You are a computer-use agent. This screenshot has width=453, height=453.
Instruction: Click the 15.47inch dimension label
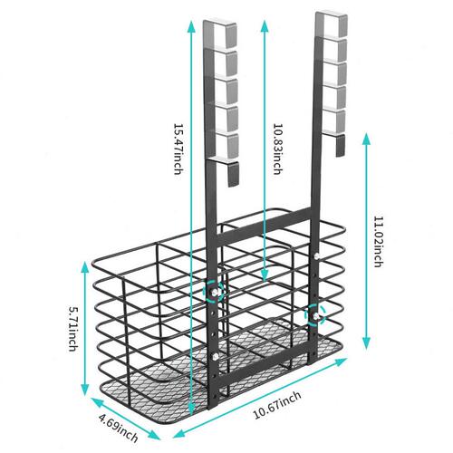[x=178, y=149]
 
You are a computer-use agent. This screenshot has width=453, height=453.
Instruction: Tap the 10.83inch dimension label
[x=278, y=149]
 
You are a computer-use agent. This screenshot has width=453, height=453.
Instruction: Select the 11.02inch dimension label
[x=379, y=242]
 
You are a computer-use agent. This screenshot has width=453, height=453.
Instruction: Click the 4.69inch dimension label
[x=119, y=428]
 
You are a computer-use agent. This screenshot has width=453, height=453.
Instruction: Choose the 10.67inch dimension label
[x=277, y=405]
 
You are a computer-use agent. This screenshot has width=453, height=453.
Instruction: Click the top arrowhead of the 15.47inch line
[x=191, y=26]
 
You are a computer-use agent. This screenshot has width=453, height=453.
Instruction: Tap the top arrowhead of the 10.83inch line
[x=265, y=26]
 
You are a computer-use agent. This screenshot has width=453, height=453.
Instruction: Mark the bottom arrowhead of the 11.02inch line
[x=366, y=343]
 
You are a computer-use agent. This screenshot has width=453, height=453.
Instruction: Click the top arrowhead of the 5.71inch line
[x=85, y=267]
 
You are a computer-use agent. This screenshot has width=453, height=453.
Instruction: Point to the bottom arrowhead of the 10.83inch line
[x=265, y=275]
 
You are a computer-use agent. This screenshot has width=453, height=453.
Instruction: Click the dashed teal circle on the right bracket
[x=315, y=314]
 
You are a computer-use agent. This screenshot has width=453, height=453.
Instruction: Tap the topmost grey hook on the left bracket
[x=220, y=34]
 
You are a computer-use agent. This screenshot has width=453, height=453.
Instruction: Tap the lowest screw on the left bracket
[x=216, y=357]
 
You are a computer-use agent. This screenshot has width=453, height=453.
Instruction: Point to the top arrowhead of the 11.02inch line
[x=366, y=139]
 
